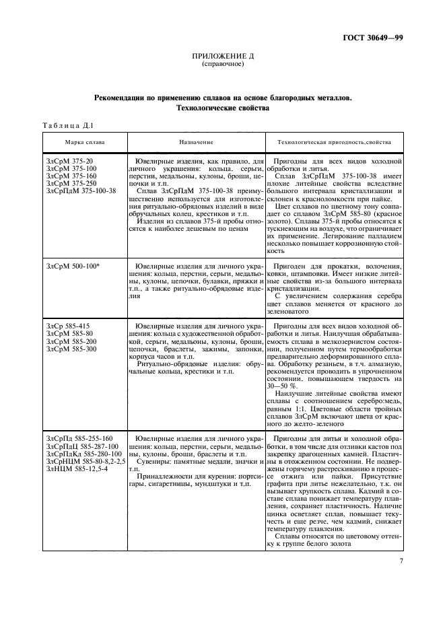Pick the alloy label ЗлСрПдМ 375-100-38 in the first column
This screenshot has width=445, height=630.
81,190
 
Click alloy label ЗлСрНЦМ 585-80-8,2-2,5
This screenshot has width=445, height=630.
85,461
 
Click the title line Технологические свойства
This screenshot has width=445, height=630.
222,108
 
